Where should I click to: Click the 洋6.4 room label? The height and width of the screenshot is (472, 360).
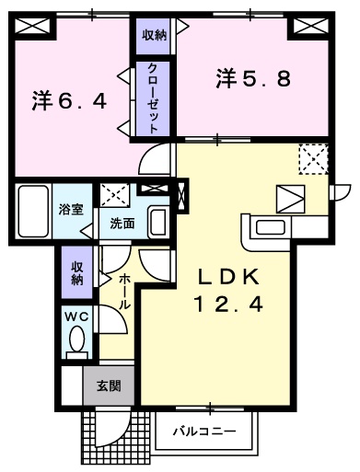point(69,101)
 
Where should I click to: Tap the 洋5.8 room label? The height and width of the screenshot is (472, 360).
point(253,78)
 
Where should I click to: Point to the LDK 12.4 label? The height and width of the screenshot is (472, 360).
point(228,292)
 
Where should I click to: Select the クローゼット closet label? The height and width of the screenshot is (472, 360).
point(153,98)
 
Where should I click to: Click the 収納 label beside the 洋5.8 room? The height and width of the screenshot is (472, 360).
point(154,36)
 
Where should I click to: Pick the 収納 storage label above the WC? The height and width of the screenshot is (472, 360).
point(77,273)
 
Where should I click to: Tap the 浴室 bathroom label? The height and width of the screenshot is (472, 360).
point(71,210)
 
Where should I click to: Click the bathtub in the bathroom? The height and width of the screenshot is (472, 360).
point(33,211)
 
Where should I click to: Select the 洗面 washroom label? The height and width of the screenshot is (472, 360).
point(122,224)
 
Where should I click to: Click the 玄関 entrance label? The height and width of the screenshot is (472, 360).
point(109,386)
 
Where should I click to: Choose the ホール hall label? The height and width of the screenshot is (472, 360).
point(125,292)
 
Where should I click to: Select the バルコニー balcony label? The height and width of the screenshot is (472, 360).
point(204,432)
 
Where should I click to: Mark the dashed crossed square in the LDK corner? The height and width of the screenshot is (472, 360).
point(314,159)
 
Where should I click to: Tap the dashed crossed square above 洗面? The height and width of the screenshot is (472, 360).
point(115,195)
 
